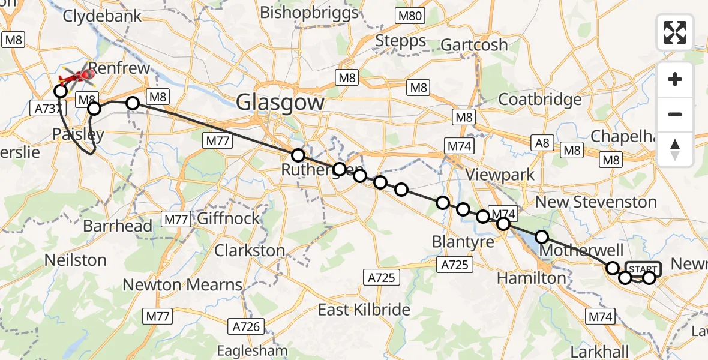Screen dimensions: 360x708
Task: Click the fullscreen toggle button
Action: tap(675, 32)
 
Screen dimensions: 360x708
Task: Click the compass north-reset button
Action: tap(675, 148)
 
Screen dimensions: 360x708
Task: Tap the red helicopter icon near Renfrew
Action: tap(79, 77)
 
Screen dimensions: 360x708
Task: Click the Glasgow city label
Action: tap(280, 103)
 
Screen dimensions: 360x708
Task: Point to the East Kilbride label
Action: tap(364, 310)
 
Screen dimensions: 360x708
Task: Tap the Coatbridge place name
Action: tap(540, 99)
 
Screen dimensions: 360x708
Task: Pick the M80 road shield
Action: tap(410, 17)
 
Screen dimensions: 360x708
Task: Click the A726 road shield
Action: tap(246, 326)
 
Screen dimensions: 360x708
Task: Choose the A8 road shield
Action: tap(541, 142)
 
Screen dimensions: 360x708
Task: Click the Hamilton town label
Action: tap(532, 278)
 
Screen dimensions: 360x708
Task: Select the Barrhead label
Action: tap(118, 226)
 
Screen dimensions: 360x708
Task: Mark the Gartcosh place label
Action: tap(474, 44)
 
